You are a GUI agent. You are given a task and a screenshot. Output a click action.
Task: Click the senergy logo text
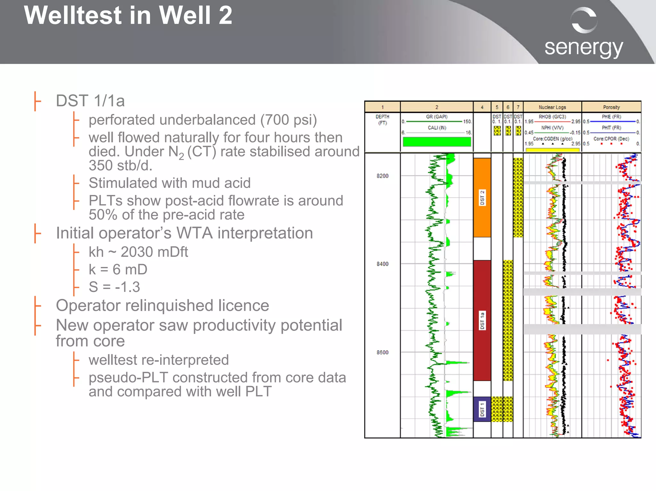click(x=584, y=48)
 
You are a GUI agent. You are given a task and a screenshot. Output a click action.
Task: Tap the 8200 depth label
click(x=382, y=176)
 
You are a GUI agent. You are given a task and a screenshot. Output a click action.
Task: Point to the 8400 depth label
click(x=382, y=264)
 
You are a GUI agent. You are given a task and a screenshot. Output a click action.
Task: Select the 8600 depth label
click(x=382, y=352)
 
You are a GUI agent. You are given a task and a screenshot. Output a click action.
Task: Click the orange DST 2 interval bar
click(x=482, y=197)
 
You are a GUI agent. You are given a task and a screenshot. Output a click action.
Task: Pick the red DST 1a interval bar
click(x=482, y=320)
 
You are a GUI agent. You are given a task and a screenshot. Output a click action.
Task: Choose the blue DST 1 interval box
click(x=482, y=409)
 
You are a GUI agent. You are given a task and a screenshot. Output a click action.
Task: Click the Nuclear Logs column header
click(x=552, y=107)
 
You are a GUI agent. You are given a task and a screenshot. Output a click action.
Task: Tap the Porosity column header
click(x=611, y=107)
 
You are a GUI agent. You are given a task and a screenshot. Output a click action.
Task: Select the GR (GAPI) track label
click(x=437, y=117)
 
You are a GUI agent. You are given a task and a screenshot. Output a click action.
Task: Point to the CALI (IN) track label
click(x=437, y=128)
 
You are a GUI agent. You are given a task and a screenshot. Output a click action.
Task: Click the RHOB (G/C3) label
click(x=552, y=117)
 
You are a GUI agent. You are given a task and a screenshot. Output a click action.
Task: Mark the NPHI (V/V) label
click(x=552, y=128)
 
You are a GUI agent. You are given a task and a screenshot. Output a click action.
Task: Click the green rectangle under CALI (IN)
click(x=437, y=142)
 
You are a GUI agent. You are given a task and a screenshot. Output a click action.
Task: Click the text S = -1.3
click(x=114, y=287)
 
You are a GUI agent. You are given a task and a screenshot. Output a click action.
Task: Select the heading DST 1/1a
click(x=90, y=101)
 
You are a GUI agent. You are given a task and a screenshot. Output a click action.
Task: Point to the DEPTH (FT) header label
click(x=382, y=120)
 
